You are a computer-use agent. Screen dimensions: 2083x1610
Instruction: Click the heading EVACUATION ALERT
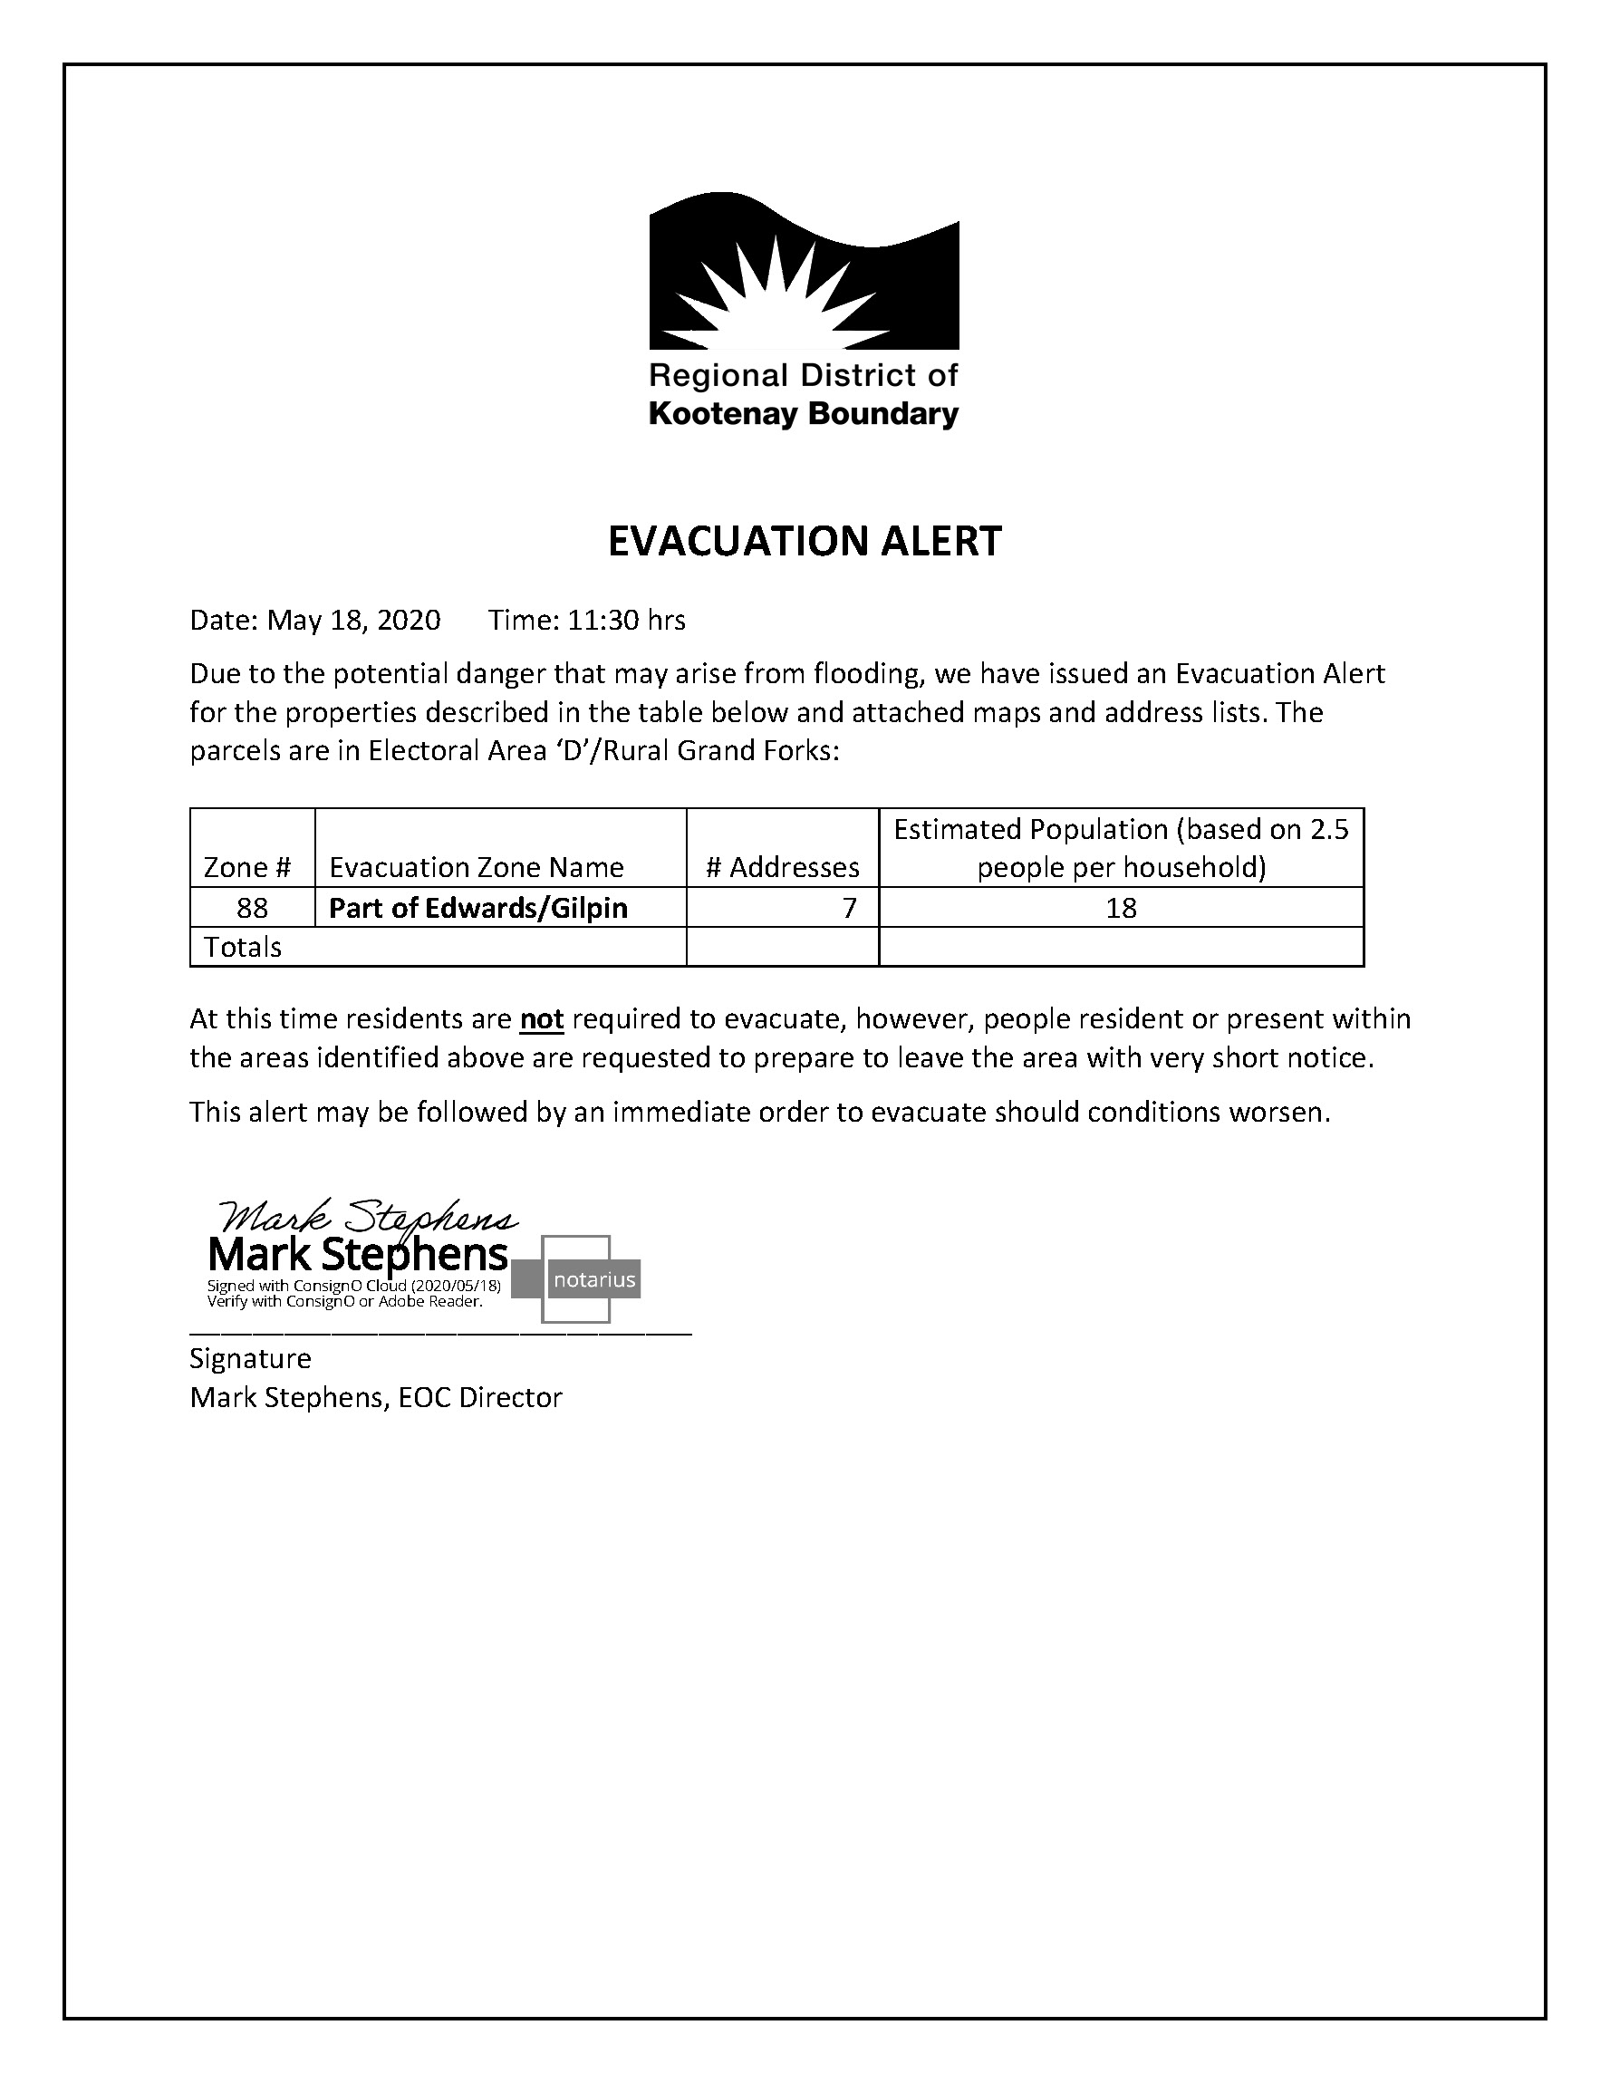[804, 541]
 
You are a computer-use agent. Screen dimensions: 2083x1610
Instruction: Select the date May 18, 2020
[353, 621]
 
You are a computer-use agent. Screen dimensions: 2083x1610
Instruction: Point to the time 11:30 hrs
[626, 621]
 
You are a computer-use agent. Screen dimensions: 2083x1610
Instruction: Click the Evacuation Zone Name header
[476, 867]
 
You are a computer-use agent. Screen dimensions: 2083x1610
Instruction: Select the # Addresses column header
[782, 867]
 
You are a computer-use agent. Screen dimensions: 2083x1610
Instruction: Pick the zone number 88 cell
[252, 908]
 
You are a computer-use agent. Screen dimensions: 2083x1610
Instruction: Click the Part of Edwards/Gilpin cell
[477, 908]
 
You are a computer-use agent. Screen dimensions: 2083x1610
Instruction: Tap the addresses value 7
[849, 908]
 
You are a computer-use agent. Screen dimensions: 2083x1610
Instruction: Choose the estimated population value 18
[1121, 908]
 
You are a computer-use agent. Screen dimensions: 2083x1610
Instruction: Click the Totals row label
[243, 947]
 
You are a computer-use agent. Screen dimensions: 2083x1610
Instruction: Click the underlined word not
[542, 1019]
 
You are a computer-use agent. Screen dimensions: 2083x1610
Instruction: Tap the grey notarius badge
[594, 1280]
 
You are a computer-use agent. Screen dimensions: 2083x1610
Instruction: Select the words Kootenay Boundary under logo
[803, 414]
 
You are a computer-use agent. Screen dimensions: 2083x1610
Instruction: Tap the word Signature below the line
[250, 1358]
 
